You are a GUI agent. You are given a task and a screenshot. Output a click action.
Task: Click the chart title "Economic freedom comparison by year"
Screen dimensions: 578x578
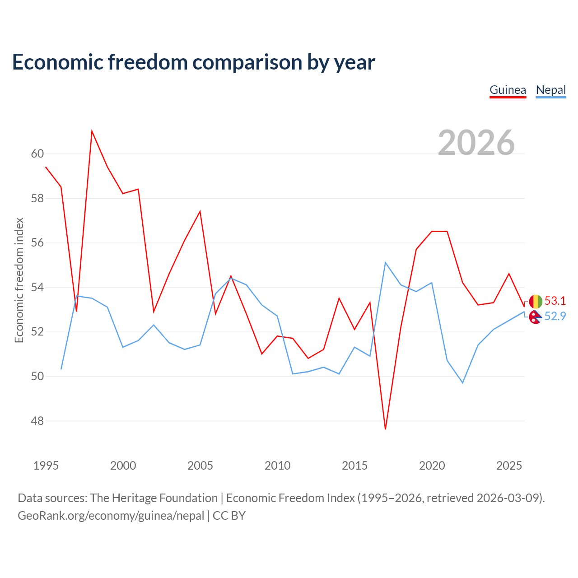[193, 62]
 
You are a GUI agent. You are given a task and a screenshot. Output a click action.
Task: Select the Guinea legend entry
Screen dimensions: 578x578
[508, 90]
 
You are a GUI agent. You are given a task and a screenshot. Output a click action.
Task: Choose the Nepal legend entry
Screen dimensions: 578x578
[551, 90]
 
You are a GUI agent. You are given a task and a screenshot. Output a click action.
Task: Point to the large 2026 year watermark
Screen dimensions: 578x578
[476, 143]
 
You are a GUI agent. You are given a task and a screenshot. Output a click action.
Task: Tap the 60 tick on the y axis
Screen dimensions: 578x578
[37, 154]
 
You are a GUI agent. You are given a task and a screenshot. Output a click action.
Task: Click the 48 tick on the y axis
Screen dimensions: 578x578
[37, 421]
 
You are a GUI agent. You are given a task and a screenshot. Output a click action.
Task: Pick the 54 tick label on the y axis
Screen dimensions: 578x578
[37, 287]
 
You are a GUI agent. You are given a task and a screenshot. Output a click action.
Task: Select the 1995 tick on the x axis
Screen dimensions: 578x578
[46, 466]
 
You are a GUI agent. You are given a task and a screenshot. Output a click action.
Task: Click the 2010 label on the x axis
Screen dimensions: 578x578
[277, 466]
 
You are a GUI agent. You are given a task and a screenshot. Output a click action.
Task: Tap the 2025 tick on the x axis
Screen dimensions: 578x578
[509, 466]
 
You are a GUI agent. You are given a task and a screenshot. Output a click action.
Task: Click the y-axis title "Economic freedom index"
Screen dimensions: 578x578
[19, 280]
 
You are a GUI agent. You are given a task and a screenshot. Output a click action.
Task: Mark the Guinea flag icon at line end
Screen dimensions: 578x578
[536, 302]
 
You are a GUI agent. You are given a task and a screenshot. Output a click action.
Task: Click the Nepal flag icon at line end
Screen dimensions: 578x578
[536, 317]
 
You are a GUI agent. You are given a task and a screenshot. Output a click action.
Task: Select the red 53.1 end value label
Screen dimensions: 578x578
[555, 301]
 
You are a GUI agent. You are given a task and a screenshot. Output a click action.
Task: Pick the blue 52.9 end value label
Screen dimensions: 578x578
[555, 316]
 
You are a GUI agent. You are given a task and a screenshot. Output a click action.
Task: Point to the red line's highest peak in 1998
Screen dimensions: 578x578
[92, 131]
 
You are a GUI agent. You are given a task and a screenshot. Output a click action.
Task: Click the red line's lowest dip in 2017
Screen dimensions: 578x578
[385, 429]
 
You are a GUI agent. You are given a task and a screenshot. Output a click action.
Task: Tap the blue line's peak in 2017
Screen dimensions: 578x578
[385, 262]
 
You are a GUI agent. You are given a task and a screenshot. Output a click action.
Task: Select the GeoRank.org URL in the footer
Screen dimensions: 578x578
[111, 516]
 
